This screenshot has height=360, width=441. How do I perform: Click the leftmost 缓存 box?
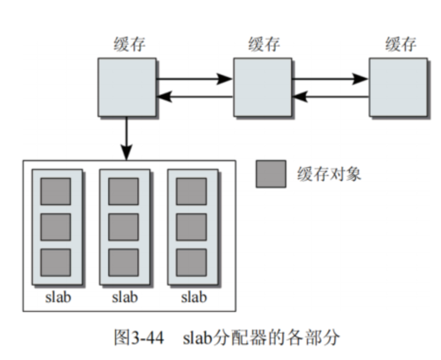[127, 87]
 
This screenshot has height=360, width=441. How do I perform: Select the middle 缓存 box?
[262, 87]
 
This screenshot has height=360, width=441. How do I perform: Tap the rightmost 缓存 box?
[398, 87]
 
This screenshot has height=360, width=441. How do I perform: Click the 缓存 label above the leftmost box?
[129, 45]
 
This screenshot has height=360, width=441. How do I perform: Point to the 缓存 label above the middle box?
[264, 45]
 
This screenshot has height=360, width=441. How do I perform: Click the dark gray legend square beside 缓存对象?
[271, 173]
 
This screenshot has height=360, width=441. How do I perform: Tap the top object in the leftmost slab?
[55, 191]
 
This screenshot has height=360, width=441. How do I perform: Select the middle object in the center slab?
[123, 227]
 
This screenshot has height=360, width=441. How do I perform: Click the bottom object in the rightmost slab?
[191, 263]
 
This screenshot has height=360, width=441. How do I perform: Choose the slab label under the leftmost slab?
[58, 297]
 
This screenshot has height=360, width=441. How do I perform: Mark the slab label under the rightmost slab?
[194, 297]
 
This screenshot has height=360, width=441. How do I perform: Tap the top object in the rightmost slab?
[191, 191]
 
